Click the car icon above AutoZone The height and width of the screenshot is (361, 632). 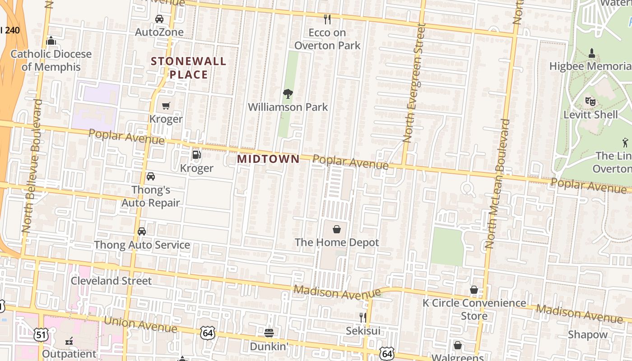point(159,19)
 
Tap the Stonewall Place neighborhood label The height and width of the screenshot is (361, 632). point(188,68)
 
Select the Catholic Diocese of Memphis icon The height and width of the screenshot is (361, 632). point(51,41)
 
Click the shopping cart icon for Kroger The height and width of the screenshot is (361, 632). point(166,106)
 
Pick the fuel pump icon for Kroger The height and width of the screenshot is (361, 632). point(196,155)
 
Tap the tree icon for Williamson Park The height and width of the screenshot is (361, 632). point(288,94)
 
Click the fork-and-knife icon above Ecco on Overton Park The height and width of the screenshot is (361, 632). point(327,19)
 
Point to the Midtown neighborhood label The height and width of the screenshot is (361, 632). point(268,159)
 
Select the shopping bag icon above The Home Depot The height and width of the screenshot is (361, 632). point(337,229)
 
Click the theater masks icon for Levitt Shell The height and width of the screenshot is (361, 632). point(590,102)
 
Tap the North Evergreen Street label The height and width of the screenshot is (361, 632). point(414,83)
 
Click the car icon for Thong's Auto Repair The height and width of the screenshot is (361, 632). point(151,176)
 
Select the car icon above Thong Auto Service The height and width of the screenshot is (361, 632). point(142,231)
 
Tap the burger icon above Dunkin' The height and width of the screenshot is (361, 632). point(269,333)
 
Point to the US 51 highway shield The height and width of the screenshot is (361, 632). point(41,334)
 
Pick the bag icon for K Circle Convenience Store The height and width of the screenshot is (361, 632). point(474,290)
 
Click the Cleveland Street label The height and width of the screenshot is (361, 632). point(111,281)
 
